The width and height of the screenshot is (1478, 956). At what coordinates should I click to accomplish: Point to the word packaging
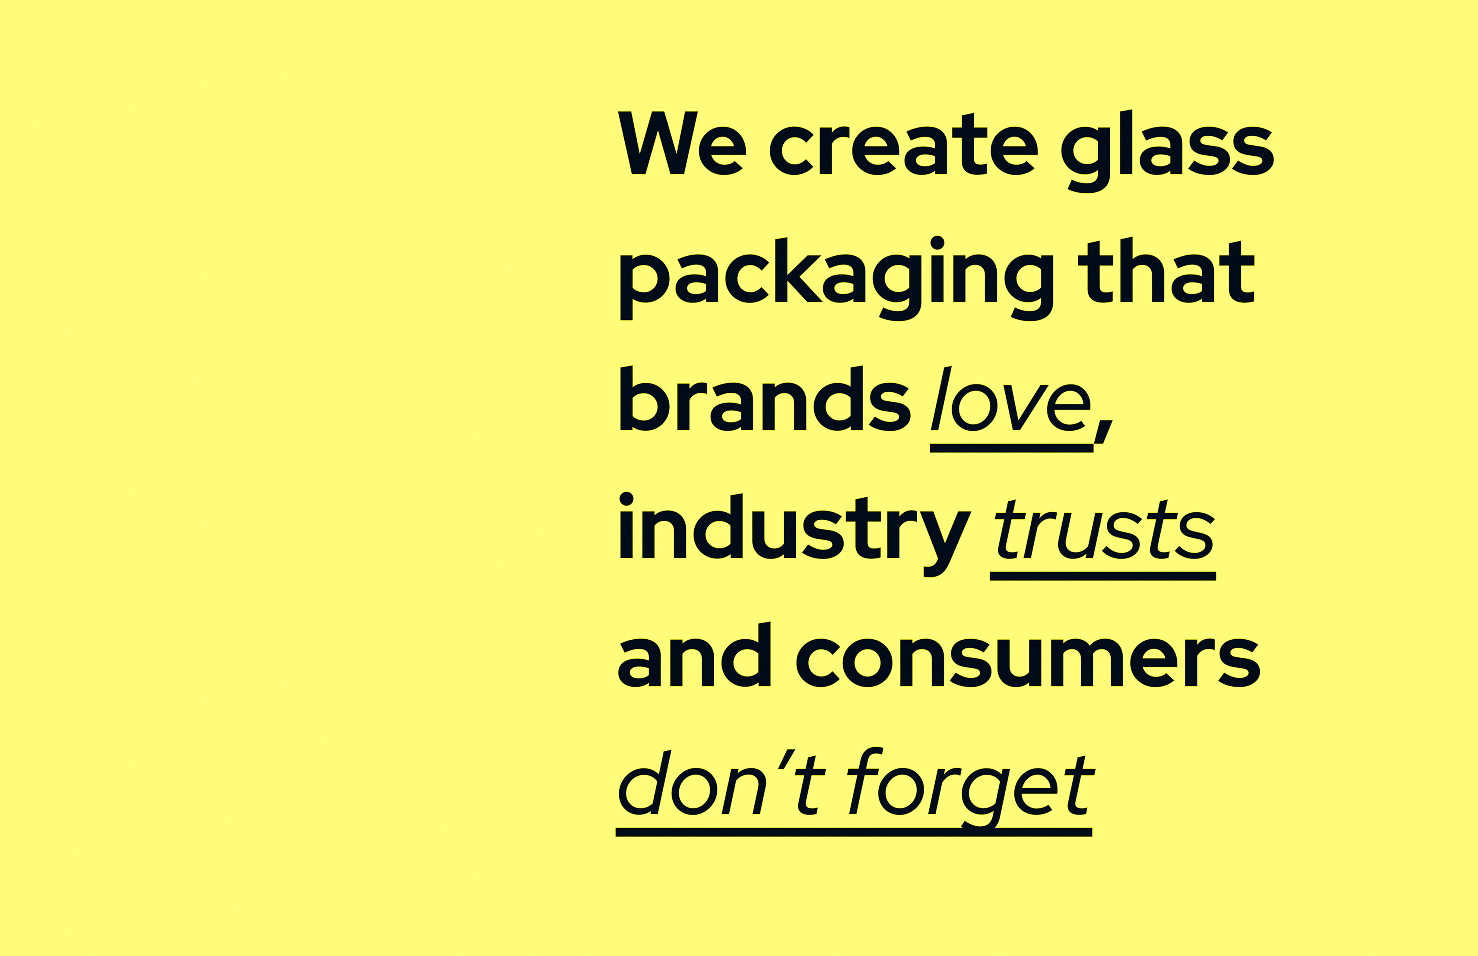click(x=837, y=279)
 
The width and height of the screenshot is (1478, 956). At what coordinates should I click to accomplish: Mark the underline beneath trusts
click(x=1102, y=576)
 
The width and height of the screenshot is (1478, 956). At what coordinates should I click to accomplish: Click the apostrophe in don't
click(x=786, y=759)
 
